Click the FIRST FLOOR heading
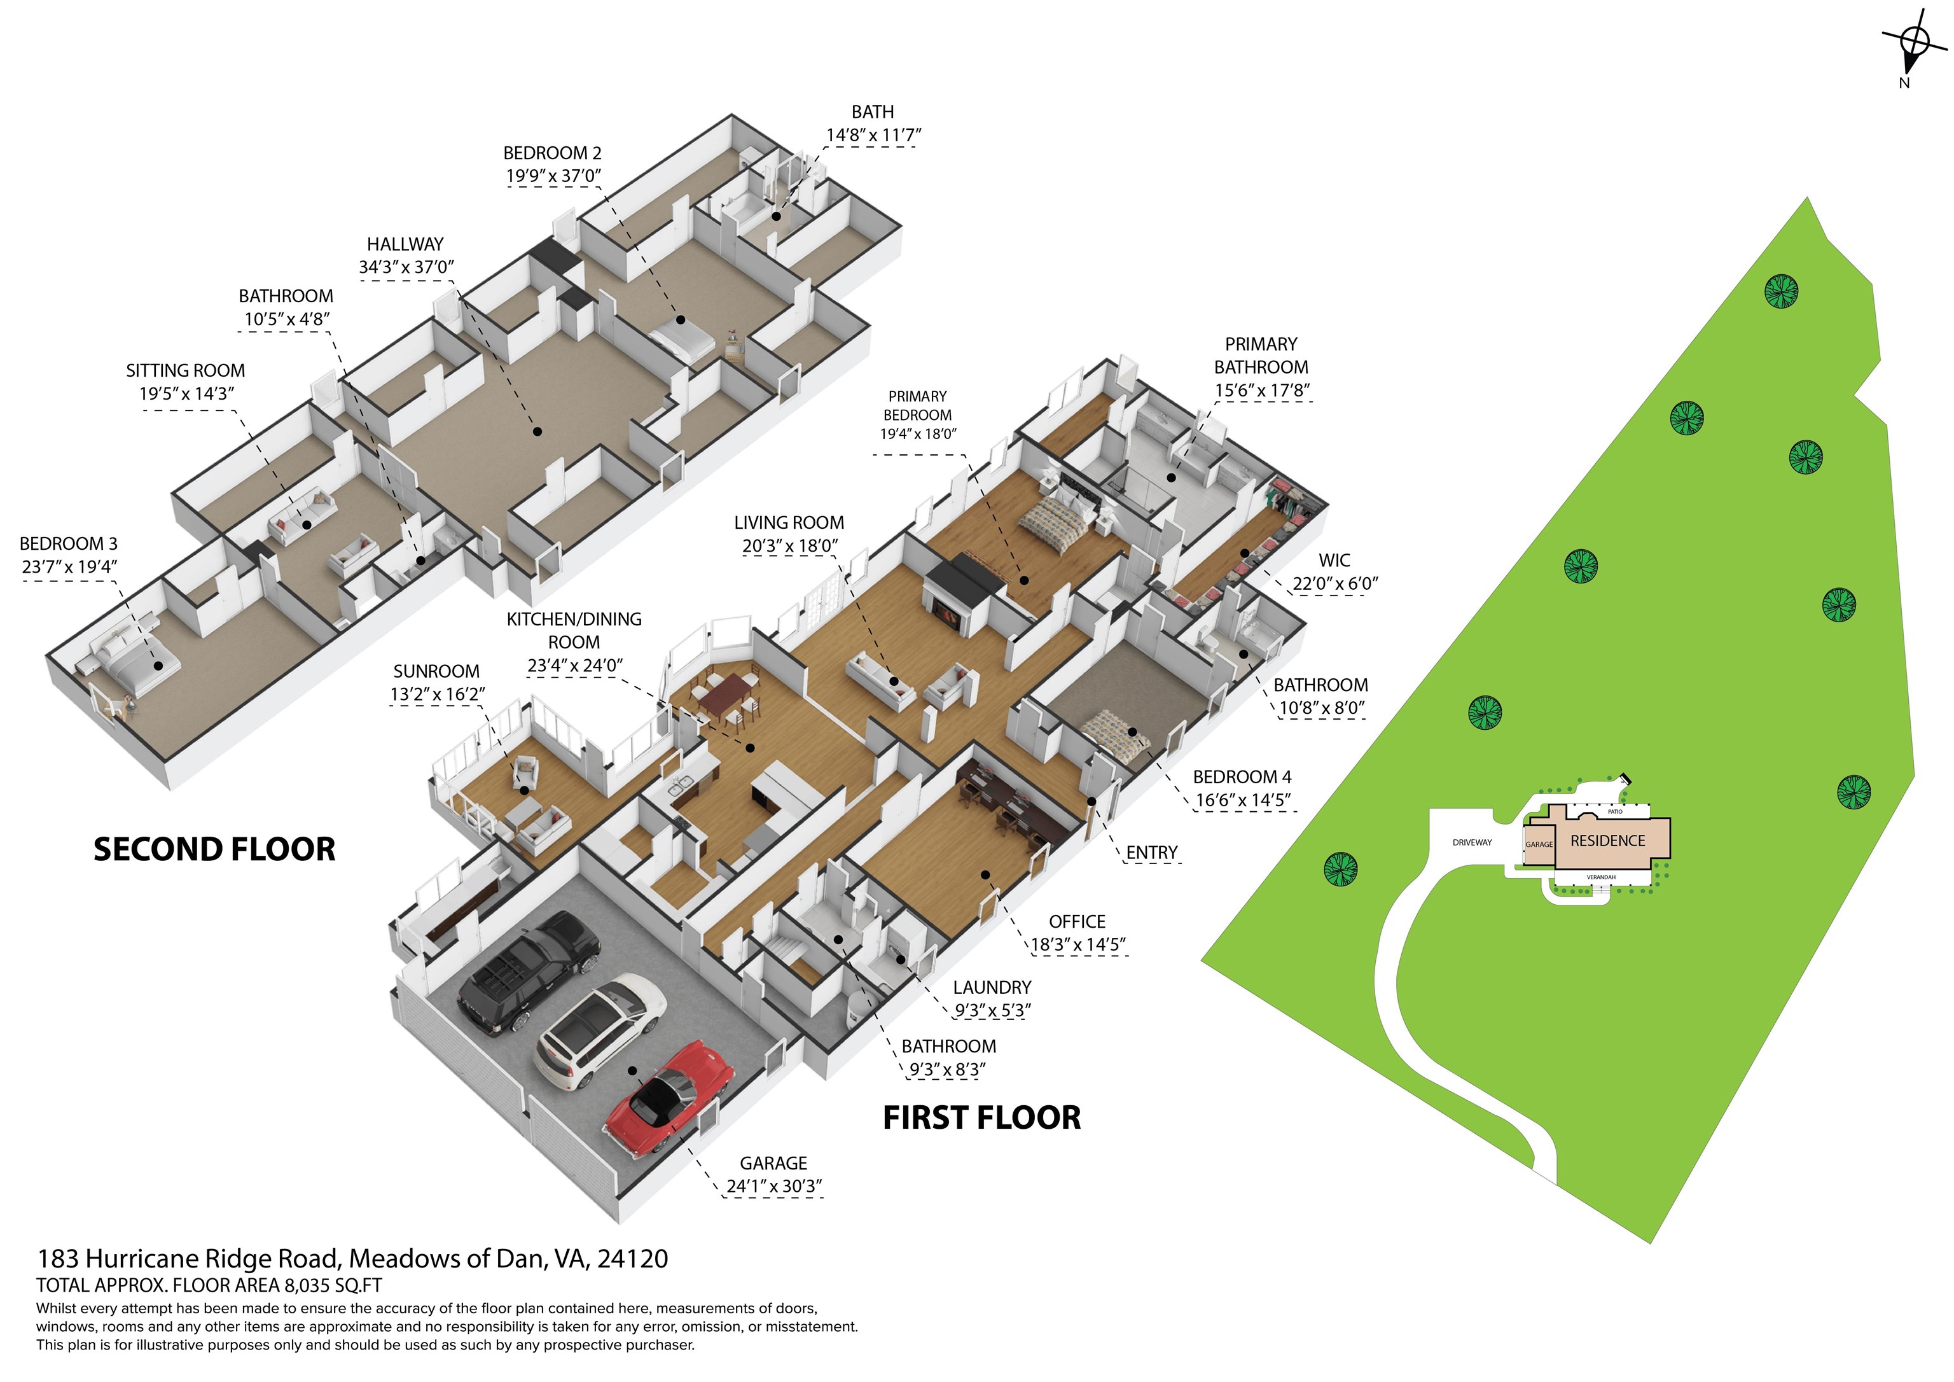[981, 1117]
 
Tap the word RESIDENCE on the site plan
[1607, 841]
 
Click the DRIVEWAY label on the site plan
[1472, 842]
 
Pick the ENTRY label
[1151, 853]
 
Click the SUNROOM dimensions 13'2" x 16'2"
[438, 694]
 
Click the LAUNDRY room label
[992, 987]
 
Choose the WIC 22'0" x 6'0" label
[1334, 571]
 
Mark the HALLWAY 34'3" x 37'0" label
[406, 255]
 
